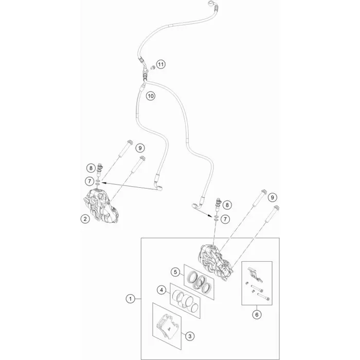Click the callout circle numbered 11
tap(160, 64)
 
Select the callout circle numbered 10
tap(151, 96)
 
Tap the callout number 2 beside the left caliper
tap(85, 219)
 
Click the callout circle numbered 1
tap(131, 299)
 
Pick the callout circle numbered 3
tap(190, 336)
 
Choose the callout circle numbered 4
tap(161, 290)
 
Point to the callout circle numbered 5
tap(175, 272)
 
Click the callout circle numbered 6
tap(257, 315)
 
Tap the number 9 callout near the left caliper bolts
tap(140, 148)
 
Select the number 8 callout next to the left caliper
tap(91, 168)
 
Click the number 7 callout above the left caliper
tap(89, 182)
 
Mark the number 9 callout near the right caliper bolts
tap(272, 197)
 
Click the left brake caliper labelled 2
tap(101, 206)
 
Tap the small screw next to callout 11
tap(152, 67)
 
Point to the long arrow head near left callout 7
tap(103, 183)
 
